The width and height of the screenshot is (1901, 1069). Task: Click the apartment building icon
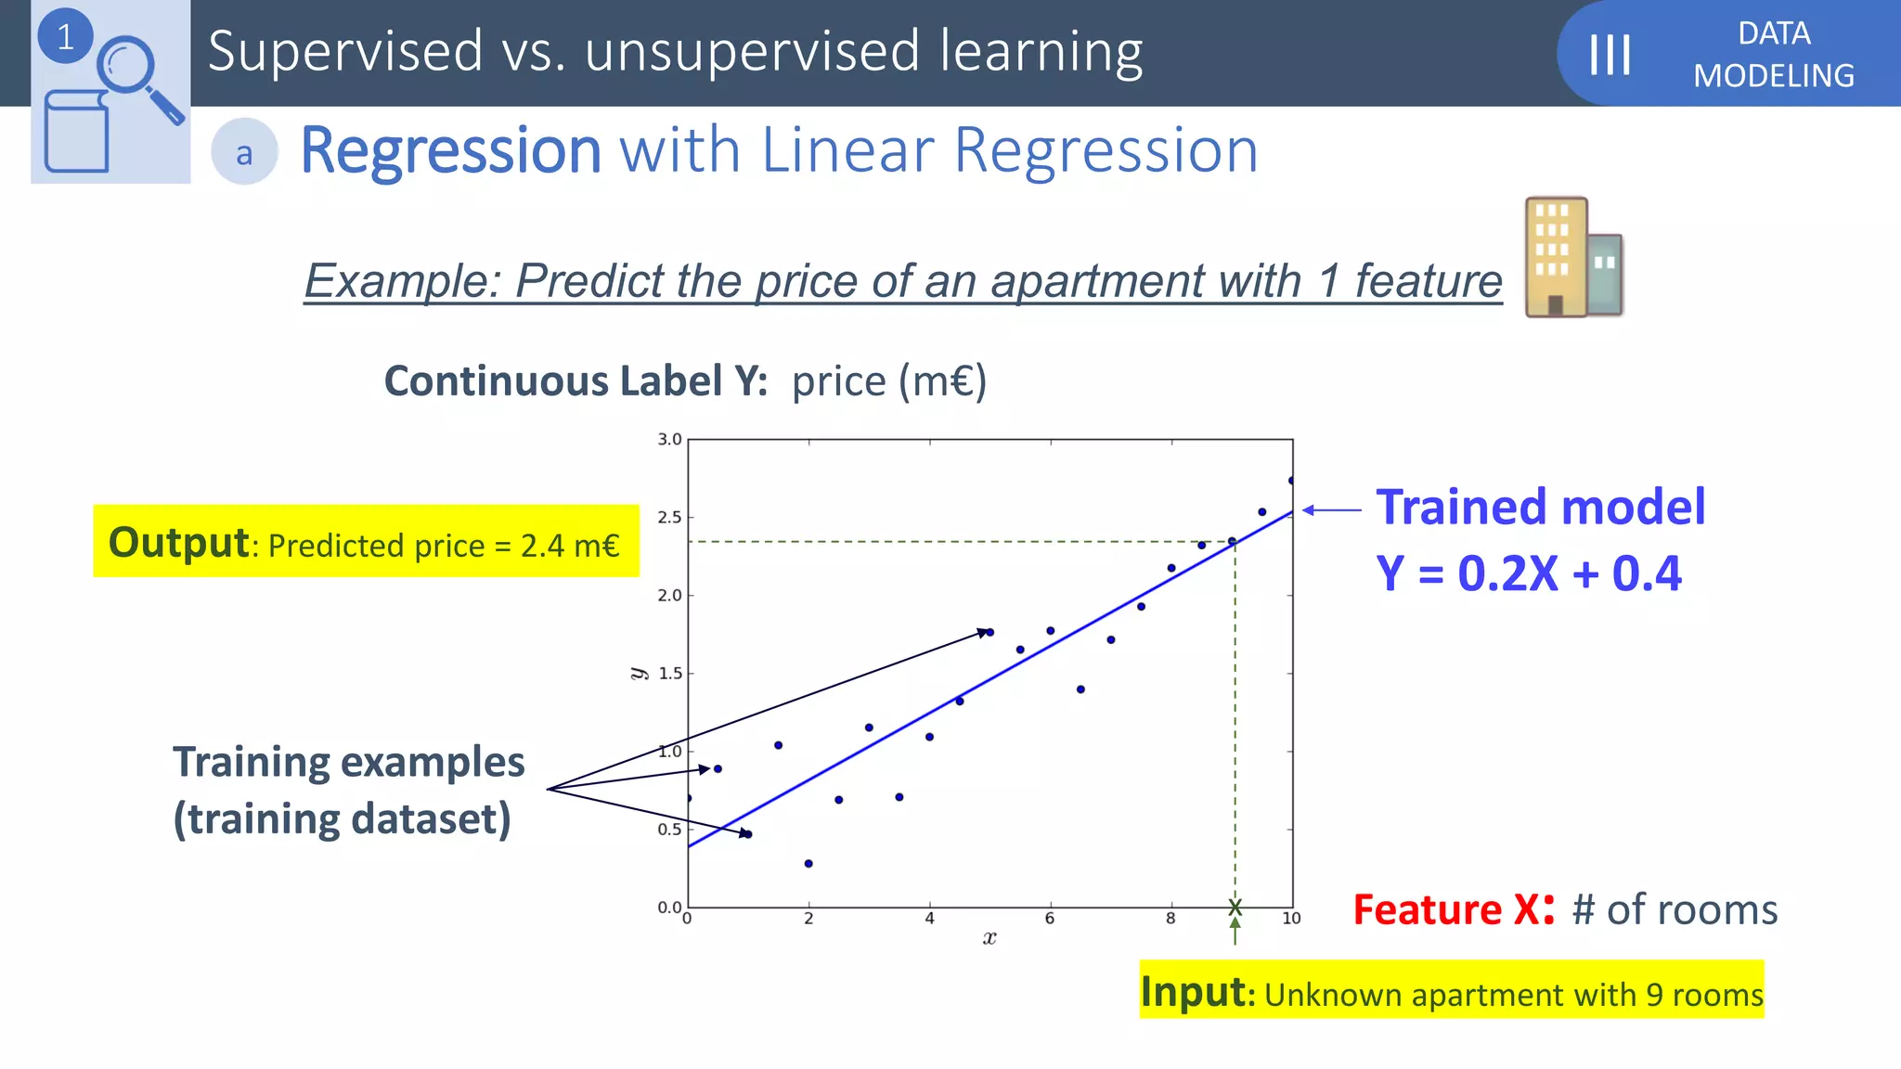[1573, 258]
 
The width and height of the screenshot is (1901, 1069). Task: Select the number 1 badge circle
[65, 37]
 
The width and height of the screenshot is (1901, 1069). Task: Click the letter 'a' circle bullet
[244, 152]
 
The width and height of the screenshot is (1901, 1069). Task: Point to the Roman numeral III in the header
[1610, 55]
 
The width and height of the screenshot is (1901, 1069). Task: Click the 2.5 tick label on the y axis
[669, 517]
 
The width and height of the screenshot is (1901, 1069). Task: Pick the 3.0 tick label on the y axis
[669, 439]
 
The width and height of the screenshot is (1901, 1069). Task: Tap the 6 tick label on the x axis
[1050, 919]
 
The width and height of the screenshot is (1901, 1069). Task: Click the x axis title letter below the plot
[989, 938]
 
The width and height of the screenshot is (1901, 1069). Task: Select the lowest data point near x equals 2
[808, 864]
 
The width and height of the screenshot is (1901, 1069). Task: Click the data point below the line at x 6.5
[1080, 689]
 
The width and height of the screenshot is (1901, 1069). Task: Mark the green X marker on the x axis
[1235, 907]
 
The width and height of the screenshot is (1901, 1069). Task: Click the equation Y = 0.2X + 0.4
[1528, 573]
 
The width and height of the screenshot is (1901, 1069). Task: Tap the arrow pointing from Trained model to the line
[1331, 509]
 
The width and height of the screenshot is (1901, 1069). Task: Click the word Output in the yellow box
[178, 543]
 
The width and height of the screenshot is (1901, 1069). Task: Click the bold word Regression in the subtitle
[451, 150]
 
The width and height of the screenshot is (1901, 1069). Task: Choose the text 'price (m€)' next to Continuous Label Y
[888, 381]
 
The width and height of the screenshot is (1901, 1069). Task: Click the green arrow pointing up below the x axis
[1235, 931]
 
